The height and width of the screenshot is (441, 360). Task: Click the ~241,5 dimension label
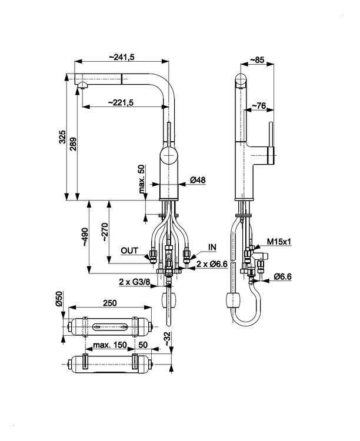pos(122,56)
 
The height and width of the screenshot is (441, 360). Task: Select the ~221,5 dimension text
pos(121,102)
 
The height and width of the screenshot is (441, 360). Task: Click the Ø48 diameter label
pos(198,181)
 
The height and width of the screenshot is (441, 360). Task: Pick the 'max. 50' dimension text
pos(142,179)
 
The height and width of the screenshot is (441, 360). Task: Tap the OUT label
pos(129,250)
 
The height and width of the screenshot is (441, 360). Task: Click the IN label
pos(212,246)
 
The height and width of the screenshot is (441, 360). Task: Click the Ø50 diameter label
pos(58,299)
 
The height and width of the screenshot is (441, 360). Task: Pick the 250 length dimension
pos(109,303)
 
